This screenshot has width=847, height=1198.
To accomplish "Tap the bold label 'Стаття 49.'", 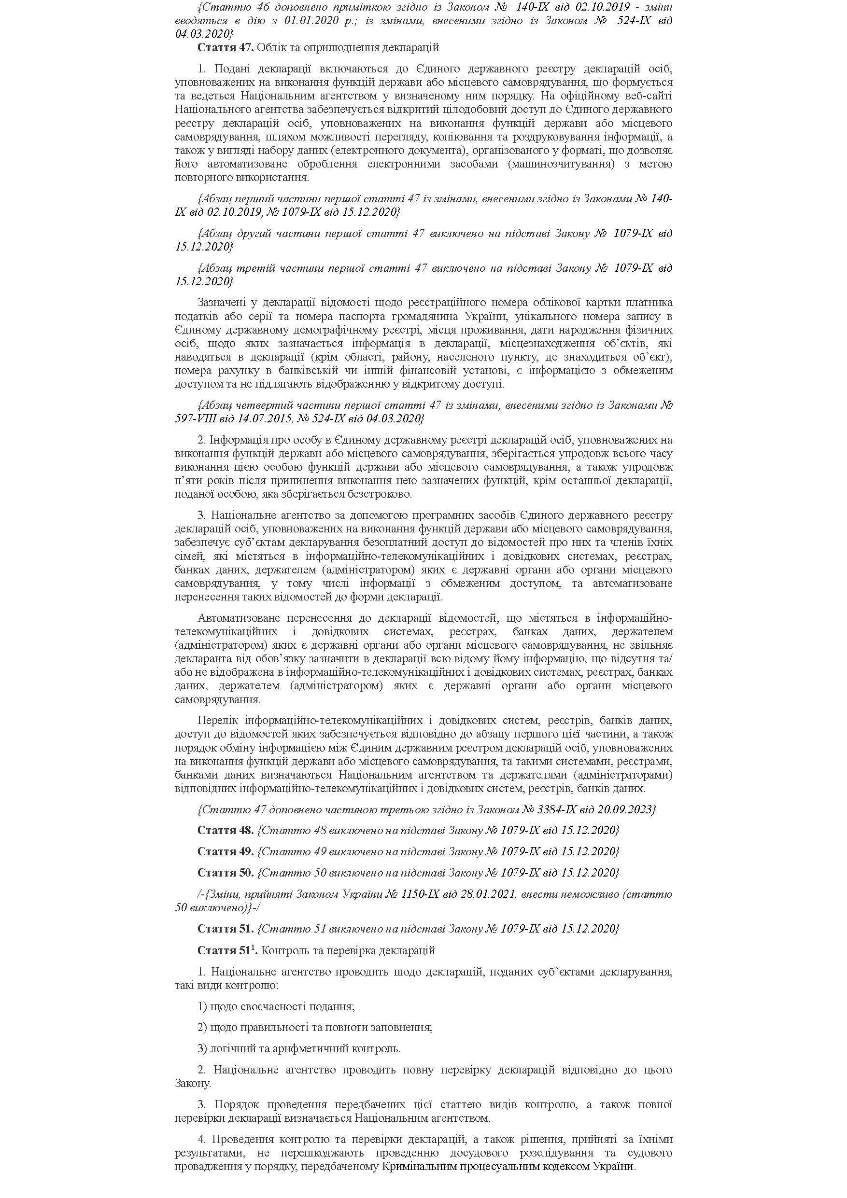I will [226, 851].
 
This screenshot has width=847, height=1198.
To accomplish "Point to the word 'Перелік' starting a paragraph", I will [217, 721].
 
